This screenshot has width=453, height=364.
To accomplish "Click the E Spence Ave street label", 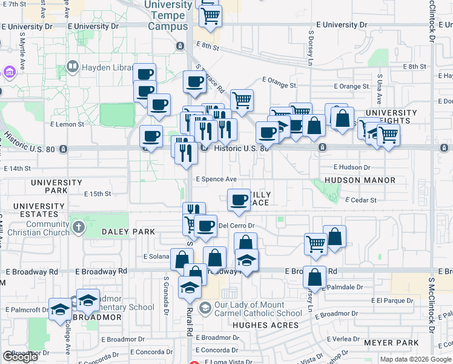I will pos(216,179).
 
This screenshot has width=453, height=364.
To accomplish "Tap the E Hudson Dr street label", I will pos(351,167).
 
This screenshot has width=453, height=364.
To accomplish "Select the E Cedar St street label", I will pos(361,200).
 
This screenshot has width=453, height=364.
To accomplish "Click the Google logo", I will pos(20,357).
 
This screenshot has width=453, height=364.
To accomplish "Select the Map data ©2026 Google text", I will pos(415,359).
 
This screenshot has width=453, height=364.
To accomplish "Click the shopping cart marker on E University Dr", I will pos(210,17).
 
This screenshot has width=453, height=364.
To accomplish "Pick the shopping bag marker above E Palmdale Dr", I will pos(314,278).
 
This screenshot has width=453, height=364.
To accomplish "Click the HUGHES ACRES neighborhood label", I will pos(266,325).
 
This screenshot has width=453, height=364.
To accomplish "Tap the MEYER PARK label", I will pos(391,343).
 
